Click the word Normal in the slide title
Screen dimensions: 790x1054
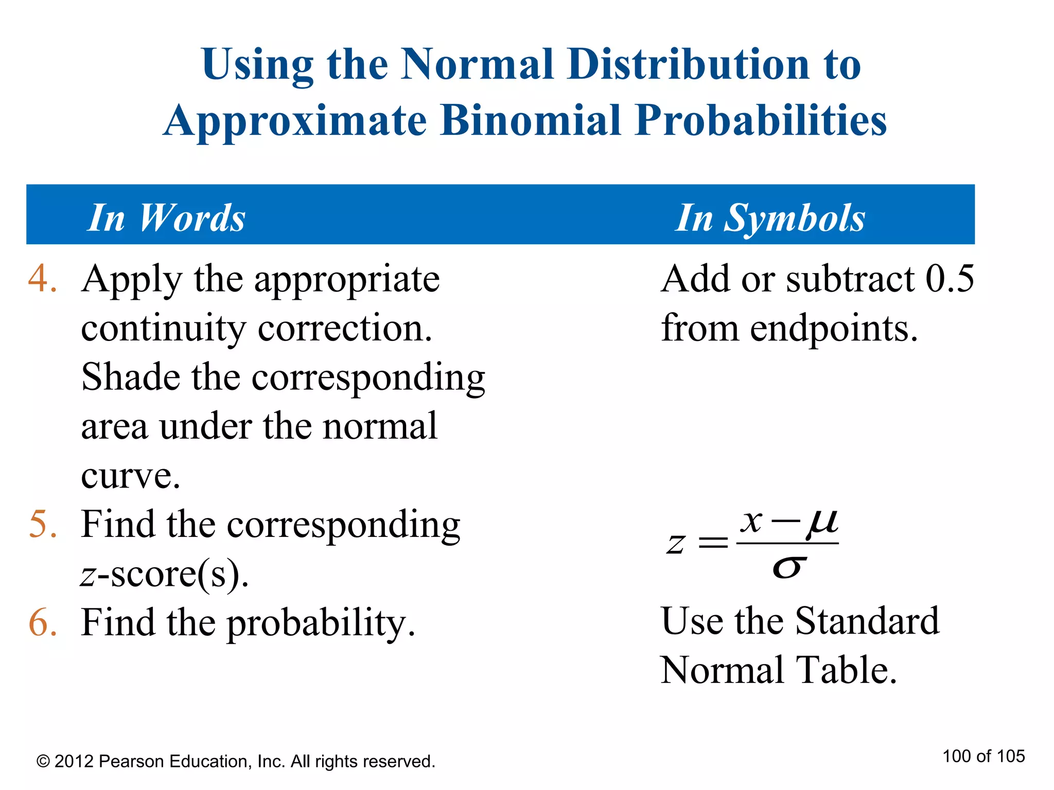(x=477, y=64)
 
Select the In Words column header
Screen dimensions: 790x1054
(x=166, y=218)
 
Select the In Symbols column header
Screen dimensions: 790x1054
(x=770, y=218)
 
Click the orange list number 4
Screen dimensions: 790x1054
(x=42, y=279)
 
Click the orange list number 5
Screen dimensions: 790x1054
(x=42, y=524)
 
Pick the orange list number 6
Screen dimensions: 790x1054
(x=42, y=622)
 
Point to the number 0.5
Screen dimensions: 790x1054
(x=950, y=279)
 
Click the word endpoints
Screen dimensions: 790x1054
(x=833, y=328)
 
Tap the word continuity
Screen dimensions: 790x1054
(x=163, y=328)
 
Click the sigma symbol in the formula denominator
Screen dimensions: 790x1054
(x=788, y=567)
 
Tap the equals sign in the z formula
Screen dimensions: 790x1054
(x=713, y=543)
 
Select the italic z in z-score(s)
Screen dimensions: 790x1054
(x=88, y=575)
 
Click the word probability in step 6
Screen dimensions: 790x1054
(x=321, y=623)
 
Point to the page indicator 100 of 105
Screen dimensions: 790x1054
(x=983, y=757)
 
